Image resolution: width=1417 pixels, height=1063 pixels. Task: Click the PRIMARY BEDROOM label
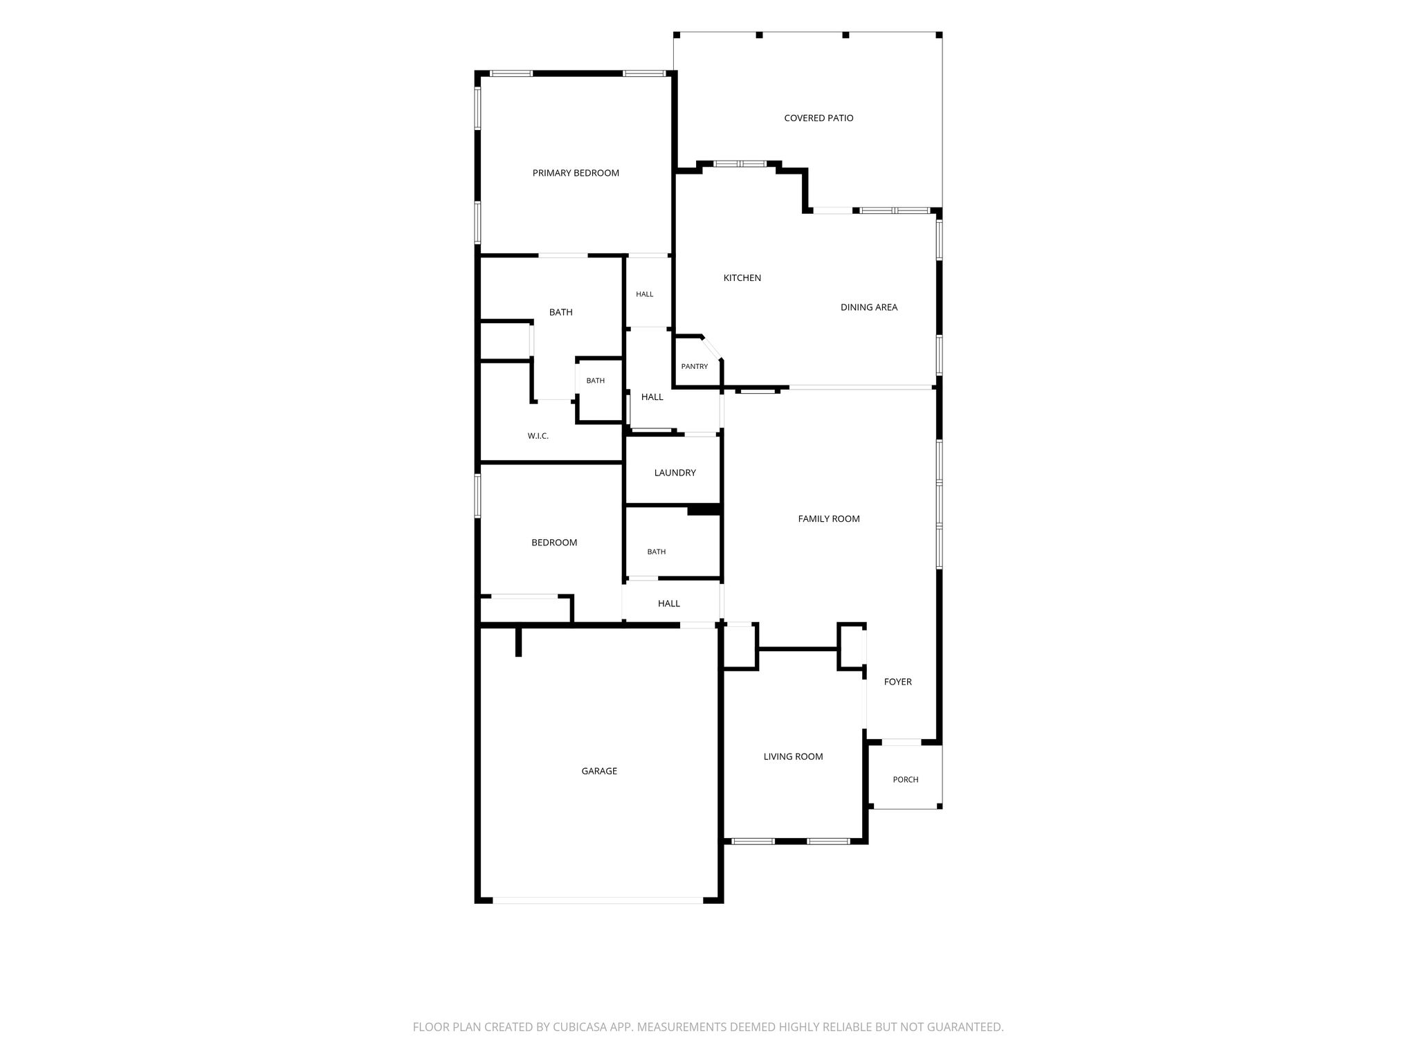576,173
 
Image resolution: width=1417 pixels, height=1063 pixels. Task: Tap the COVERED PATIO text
819,118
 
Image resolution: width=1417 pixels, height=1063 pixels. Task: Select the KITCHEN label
742,278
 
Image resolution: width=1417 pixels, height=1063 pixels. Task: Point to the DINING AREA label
869,307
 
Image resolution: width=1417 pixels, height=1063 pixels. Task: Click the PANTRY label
695,367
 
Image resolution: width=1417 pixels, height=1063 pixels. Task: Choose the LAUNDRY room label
675,473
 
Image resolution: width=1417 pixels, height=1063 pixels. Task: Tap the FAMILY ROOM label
829,519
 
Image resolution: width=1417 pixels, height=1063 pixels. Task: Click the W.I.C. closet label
538,436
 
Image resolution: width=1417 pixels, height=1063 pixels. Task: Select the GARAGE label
599,771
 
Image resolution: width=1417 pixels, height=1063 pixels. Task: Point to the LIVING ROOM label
794,757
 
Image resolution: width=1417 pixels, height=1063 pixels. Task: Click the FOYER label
898,682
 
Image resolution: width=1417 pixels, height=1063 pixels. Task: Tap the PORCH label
906,780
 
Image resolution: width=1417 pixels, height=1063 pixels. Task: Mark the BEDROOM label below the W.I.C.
554,543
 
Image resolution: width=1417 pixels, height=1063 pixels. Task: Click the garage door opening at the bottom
598,900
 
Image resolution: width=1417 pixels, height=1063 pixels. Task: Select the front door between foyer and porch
902,743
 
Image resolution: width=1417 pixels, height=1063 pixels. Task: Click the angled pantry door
713,348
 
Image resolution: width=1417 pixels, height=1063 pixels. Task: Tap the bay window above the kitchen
740,164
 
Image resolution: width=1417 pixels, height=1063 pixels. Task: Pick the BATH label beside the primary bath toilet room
596,381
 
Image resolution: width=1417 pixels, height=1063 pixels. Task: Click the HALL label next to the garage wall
669,604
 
